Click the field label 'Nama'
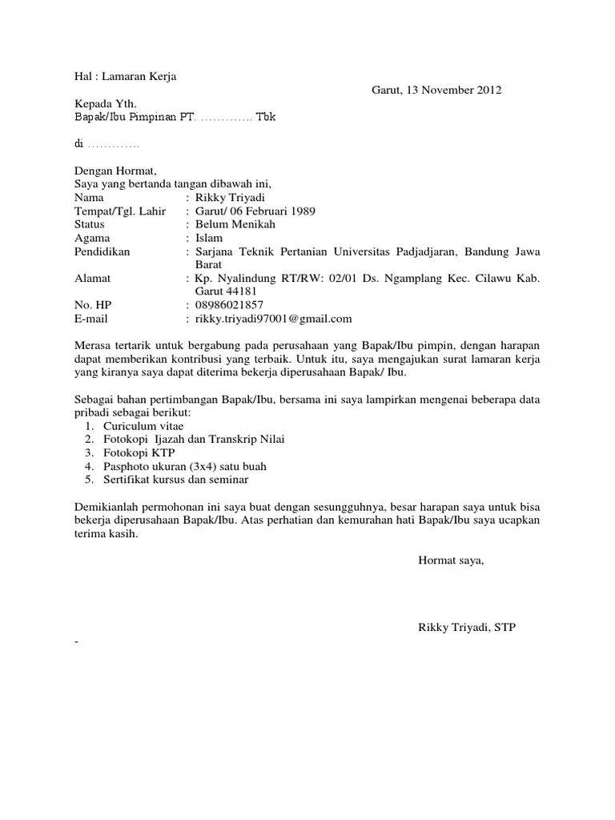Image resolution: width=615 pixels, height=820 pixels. click(89, 198)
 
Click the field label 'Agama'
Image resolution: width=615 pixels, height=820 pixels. click(92, 239)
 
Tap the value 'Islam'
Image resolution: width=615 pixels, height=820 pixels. click(209, 239)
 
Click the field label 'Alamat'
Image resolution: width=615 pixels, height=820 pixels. click(92, 279)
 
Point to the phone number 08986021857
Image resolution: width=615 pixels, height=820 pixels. click(229, 305)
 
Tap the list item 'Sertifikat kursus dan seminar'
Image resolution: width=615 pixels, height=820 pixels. click(175, 480)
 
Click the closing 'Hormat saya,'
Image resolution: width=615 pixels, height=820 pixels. click(451, 561)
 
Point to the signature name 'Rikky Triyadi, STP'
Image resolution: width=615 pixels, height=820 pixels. click(467, 628)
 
